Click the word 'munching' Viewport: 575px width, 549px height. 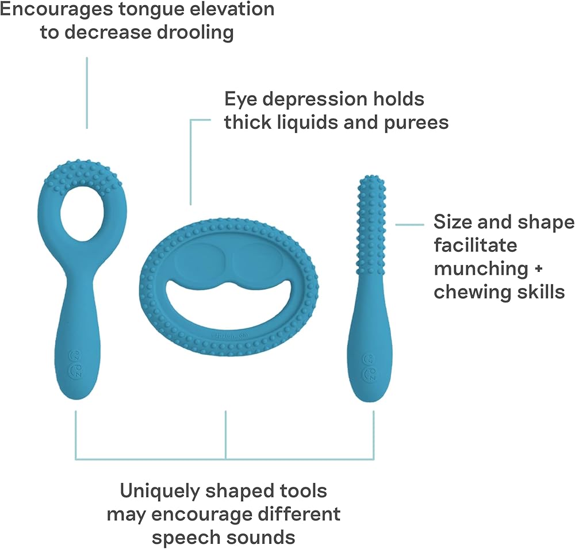(479, 268)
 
